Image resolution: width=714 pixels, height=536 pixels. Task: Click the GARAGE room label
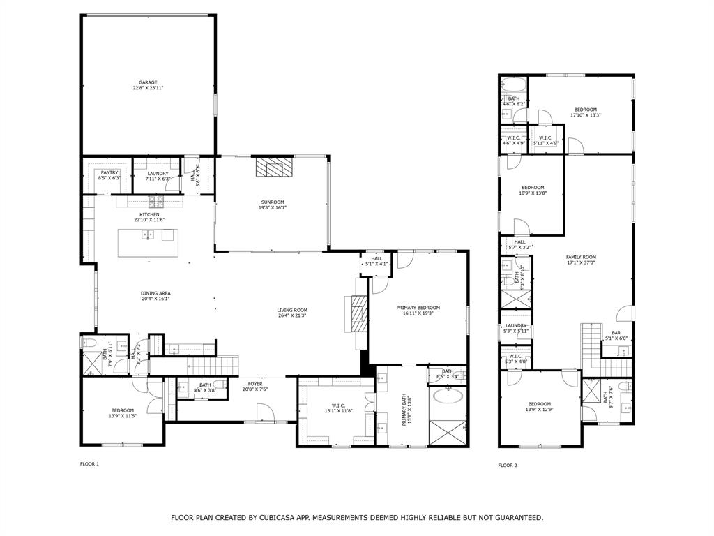coord(148,82)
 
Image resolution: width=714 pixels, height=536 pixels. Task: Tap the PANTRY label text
coord(109,172)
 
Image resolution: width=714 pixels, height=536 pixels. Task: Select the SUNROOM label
coord(273,202)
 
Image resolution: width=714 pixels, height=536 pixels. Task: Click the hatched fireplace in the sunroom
coord(271,167)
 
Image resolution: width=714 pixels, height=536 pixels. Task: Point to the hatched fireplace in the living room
coord(358,312)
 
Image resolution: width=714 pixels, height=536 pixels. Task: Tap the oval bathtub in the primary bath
coord(447,396)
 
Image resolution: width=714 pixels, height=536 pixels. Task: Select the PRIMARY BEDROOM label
coord(418,308)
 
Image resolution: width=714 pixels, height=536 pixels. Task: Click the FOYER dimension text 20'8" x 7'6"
coord(255,389)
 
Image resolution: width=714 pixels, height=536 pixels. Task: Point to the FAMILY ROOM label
coord(581,257)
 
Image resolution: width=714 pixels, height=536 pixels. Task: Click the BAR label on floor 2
coord(616,333)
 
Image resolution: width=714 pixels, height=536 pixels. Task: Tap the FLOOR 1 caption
coord(89,464)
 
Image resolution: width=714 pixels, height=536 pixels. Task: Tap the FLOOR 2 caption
coord(507,465)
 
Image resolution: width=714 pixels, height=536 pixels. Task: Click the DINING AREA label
coord(155,293)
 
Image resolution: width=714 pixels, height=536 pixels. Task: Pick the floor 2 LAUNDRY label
coord(516,325)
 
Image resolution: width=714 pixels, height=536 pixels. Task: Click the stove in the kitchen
coord(155,202)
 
